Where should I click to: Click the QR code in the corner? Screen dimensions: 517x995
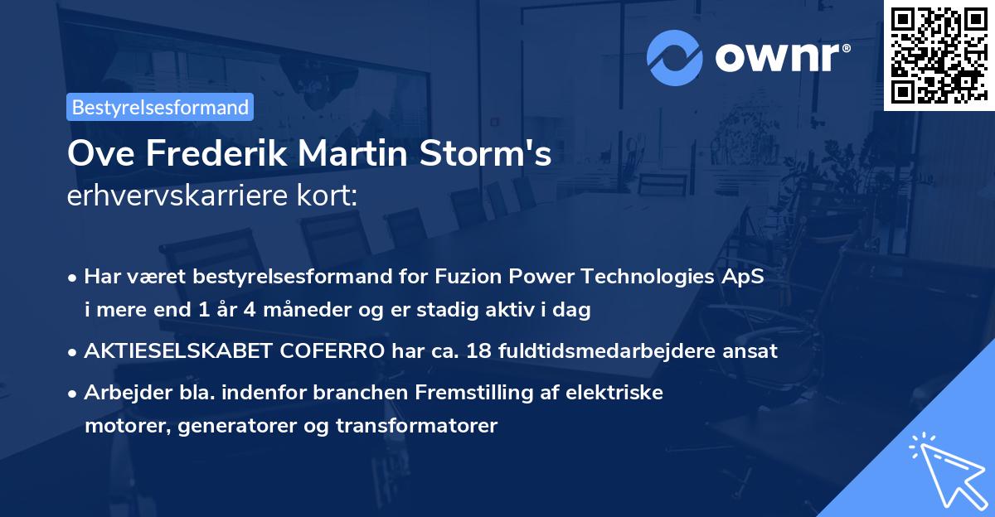[x=939, y=56]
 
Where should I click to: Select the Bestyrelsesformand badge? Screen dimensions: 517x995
[x=160, y=107]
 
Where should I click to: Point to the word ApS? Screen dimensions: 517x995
[x=745, y=277]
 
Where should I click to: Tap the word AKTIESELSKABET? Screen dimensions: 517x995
[x=177, y=351]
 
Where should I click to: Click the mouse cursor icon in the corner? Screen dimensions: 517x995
[x=945, y=469]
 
